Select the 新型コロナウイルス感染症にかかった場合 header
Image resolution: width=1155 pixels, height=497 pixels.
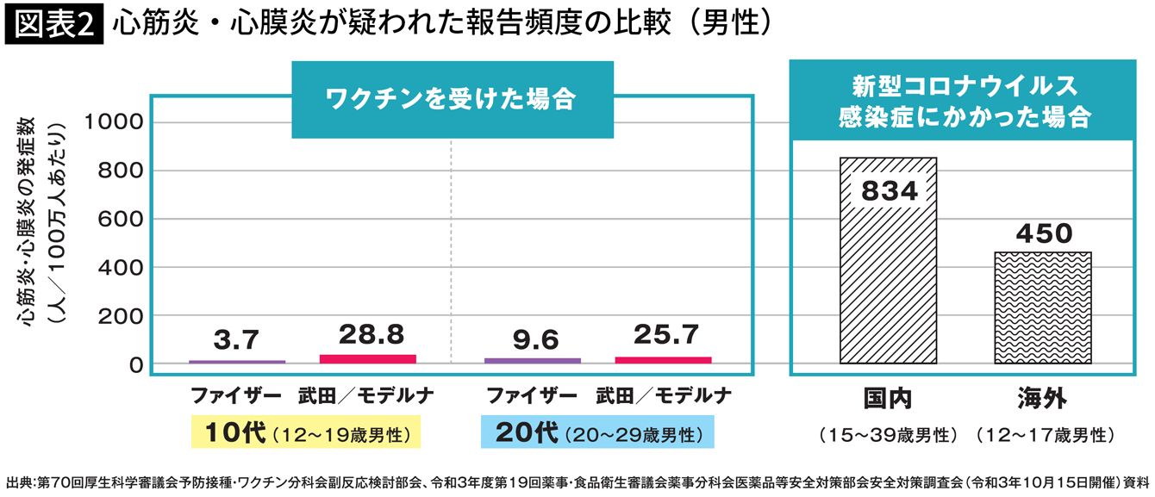pos(964,102)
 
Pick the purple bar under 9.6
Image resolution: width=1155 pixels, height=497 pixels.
pos(533,360)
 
